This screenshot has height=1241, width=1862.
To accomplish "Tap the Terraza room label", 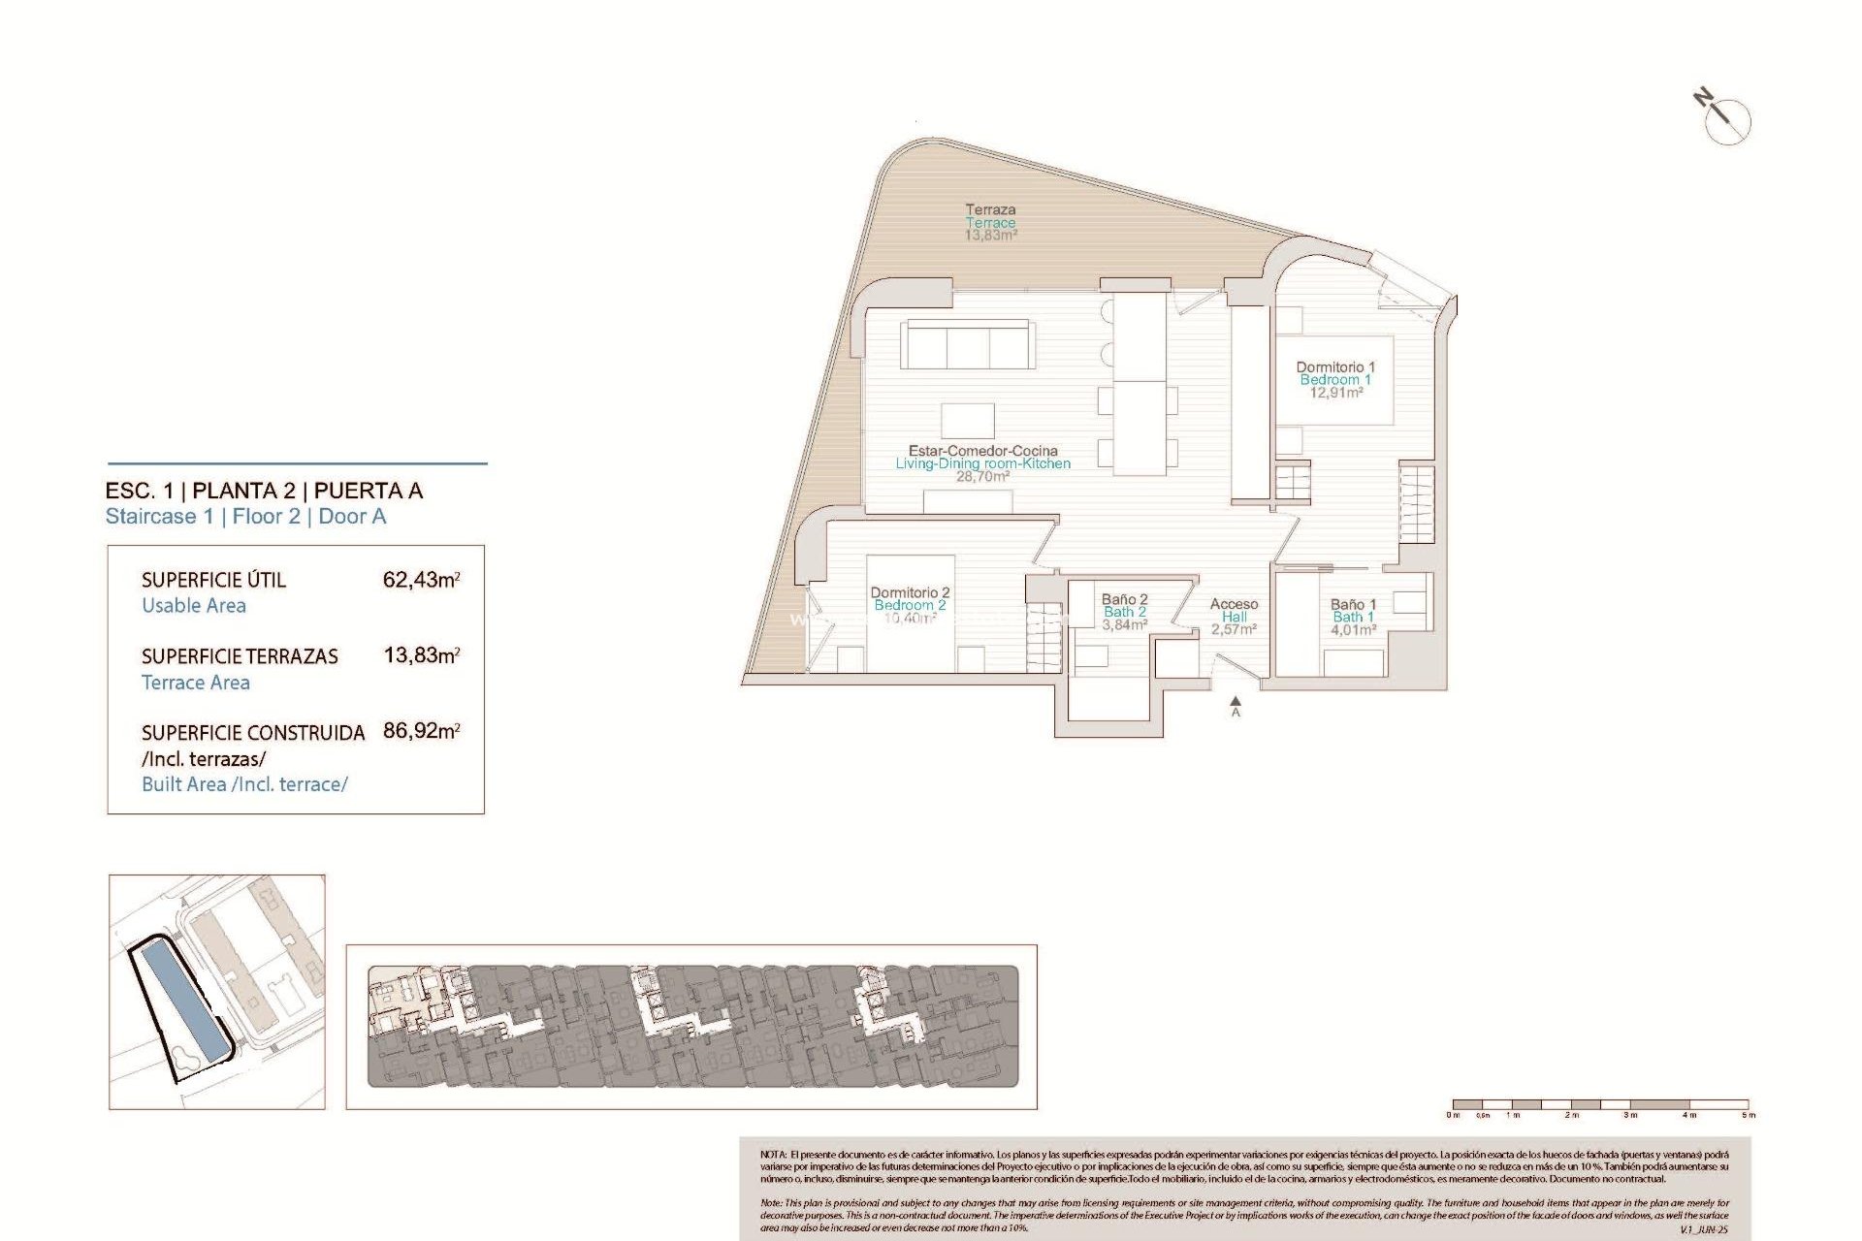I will (990, 209).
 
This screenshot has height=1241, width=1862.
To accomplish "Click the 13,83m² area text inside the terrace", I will (990, 236).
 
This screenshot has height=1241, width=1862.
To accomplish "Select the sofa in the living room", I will (966, 345).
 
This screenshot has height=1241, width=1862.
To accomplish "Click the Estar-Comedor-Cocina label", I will (982, 451).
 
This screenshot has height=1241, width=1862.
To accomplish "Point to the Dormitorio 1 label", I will (1335, 367).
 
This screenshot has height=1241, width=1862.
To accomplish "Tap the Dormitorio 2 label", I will (910, 592).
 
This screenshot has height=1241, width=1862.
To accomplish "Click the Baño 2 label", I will (1124, 599).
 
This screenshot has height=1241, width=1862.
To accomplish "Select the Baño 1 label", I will (1353, 604).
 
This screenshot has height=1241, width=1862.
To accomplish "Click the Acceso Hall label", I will (1234, 610).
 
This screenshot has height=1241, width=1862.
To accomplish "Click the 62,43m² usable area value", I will (421, 580).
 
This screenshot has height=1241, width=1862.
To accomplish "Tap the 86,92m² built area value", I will (421, 731).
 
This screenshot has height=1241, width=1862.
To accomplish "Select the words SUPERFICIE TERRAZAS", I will (240, 656).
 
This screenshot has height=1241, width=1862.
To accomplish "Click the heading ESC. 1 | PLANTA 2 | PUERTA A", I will (264, 491).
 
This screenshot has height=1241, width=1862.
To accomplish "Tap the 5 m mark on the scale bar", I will (1748, 1114).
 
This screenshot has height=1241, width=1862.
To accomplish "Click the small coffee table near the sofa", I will (967, 420).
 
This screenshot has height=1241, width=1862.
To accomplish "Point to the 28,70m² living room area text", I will (982, 477).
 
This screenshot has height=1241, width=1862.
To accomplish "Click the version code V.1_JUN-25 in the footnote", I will (1703, 1229).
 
